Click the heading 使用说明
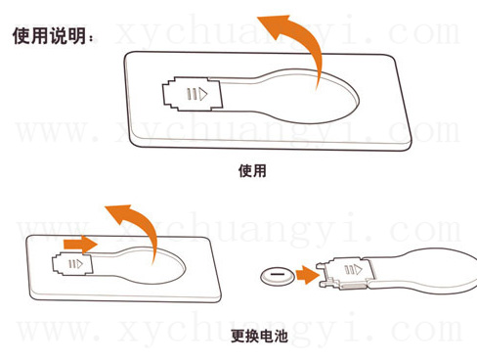[x=50, y=36]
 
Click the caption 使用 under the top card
[x=252, y=170]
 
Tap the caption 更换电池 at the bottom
[x=259, y=336]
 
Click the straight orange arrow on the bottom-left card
[x=80, y=244]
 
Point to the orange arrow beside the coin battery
[x=308, y=275]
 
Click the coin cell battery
[x=278, y=277]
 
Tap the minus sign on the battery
[x=278, y=274]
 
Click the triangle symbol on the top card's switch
[x=203, y=94]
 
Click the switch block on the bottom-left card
[x=72, y=264]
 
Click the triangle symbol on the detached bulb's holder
[x=358, y=269]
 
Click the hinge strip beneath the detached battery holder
[x=353, y=287]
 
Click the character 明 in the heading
[x=77, y=36]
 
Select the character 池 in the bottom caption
[x=281, y=336]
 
